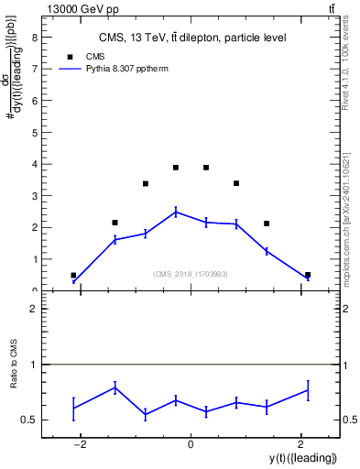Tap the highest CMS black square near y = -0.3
tap(176, 168)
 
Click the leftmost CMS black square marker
tap(73, 275)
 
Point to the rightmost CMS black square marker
tap(308, 275)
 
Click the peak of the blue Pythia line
tap(176, 212)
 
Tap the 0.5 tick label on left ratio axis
tap(30, 420)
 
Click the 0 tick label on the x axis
tap(191, 445)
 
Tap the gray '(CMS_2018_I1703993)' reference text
tap(191, 274)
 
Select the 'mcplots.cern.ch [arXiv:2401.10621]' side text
tap(345, 206)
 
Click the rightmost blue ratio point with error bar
tap(308, 390)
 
